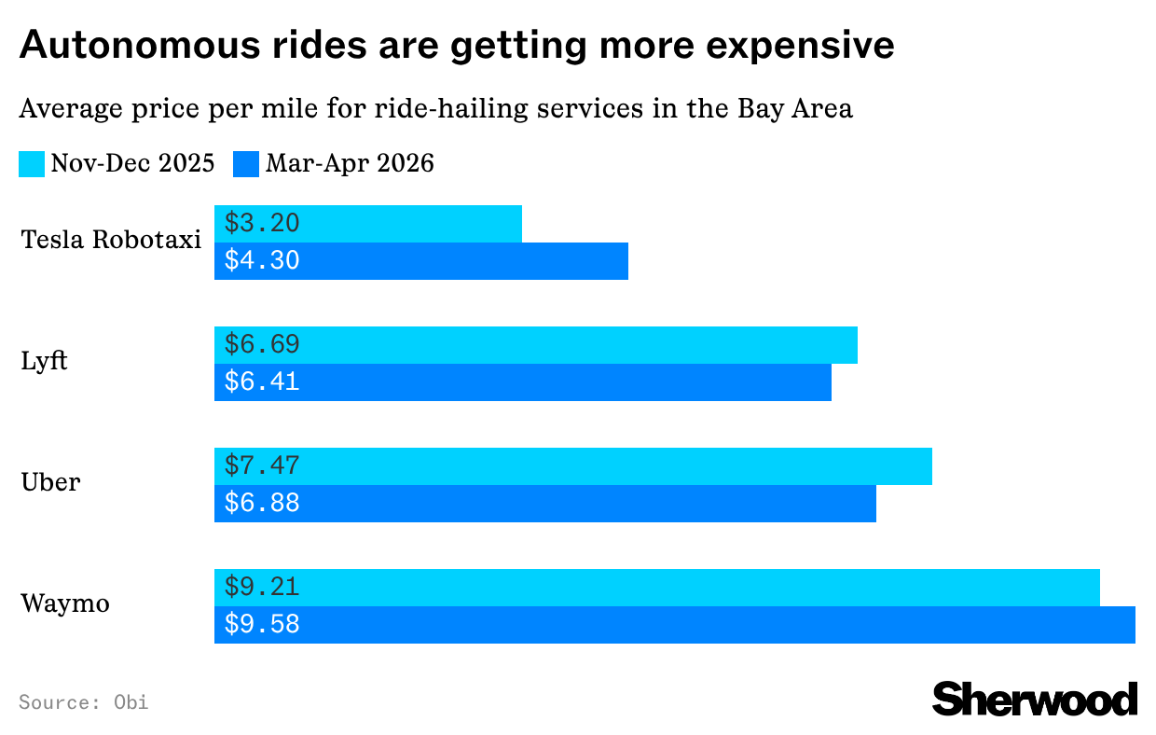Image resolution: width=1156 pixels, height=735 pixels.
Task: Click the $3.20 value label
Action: [262, 224]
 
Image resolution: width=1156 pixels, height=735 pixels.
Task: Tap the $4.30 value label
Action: [262, 261]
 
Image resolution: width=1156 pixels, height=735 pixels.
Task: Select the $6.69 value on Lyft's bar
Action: [262, 345]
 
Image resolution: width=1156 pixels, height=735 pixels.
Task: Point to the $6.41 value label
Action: [262, 382]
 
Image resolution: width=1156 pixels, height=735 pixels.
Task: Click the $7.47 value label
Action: [262, 466]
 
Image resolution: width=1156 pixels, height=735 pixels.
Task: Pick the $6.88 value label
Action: [262, 504]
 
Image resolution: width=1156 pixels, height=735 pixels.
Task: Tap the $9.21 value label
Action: [262, 588]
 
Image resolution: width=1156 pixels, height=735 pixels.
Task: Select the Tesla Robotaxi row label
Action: [111, 240]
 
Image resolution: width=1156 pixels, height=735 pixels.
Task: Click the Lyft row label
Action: [44, 362]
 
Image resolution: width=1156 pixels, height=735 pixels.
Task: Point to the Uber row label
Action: [50, 482]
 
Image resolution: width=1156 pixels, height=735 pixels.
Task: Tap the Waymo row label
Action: [65, 603]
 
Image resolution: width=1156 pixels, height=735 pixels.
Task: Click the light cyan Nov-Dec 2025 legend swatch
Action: [32, 164]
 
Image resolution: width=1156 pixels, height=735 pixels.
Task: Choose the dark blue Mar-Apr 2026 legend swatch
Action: [247, 164]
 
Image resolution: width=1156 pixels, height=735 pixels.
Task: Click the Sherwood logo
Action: [1035, 699]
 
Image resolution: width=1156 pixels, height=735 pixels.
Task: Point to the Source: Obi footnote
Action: [83, 701]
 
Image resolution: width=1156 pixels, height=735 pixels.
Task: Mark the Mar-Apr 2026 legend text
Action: [350, 164]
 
